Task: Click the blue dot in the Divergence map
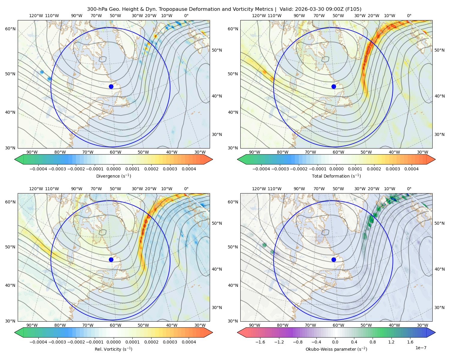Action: (x=111, y=87)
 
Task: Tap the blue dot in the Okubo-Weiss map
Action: (x=334, y=259)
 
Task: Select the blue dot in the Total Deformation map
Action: (x=334, y=87)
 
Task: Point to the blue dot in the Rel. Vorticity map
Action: (x=111, y=259)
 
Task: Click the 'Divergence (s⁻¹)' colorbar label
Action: (x=113, y=176)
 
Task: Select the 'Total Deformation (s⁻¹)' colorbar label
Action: (x=336, y=176)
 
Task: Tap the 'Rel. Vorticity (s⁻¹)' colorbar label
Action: (x=113, y=349)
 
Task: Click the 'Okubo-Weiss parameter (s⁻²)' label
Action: (x=336, y=349)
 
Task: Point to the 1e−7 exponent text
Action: (x=421, y=348)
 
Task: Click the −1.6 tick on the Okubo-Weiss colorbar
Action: (x=260, y=342)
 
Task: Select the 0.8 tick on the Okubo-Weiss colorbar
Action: (x=373, y=342)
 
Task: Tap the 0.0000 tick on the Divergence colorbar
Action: (x=113, y=169)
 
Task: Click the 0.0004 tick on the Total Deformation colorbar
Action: (x=412, y=169)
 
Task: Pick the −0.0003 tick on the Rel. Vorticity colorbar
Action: (x=57, y=342)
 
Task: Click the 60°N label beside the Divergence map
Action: (x=10, y=29)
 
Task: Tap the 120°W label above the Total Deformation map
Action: (x=259, y=16)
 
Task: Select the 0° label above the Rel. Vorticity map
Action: (x=186, y=189)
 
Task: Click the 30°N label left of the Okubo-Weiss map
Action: (x=233, y=321)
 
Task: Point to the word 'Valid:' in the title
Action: (x=286, y=9)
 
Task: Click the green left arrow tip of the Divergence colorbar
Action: (x=15, y=159)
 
